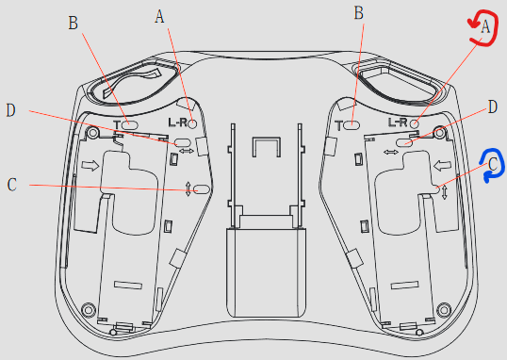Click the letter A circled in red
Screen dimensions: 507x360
485,27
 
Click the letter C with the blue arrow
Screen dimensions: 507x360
493,164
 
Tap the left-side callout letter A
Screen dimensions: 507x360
159,16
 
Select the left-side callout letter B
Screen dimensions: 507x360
74,25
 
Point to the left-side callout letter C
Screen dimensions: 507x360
11,185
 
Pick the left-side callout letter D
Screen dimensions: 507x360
11,110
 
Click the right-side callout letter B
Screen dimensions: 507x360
358,12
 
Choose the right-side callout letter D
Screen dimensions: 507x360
491,108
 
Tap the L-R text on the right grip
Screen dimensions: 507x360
398,123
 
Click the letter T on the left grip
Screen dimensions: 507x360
117,124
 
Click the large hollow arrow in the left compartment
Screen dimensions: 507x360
90,166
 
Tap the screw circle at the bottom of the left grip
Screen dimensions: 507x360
88,309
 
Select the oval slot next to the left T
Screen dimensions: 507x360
131,124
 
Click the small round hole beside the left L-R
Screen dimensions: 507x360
192,123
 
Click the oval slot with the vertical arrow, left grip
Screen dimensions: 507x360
200,189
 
